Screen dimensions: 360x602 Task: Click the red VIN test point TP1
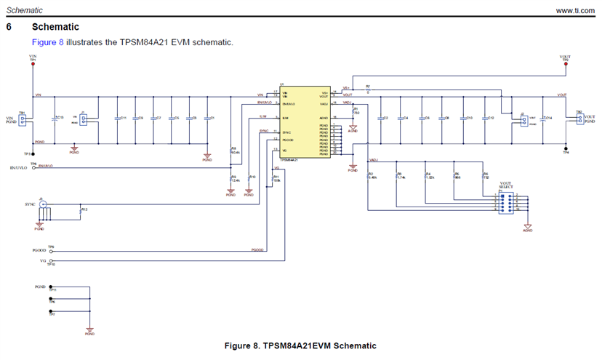point(33,64)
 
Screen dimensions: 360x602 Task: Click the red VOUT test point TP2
point(566,64)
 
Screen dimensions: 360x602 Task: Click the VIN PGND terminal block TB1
point(23,119)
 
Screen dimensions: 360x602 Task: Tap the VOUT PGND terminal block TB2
point(579,119)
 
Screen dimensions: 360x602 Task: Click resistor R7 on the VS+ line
point(368,89)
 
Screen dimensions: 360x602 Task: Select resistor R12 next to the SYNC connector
point(80,209)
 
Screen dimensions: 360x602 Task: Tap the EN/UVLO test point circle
point(34,168)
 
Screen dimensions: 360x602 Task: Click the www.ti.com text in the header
point(576,10)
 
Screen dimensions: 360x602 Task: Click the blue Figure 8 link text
point(47,42)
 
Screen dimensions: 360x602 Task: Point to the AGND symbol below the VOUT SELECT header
point(528,228)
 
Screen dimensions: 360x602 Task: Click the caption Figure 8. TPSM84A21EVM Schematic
point(300,345)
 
